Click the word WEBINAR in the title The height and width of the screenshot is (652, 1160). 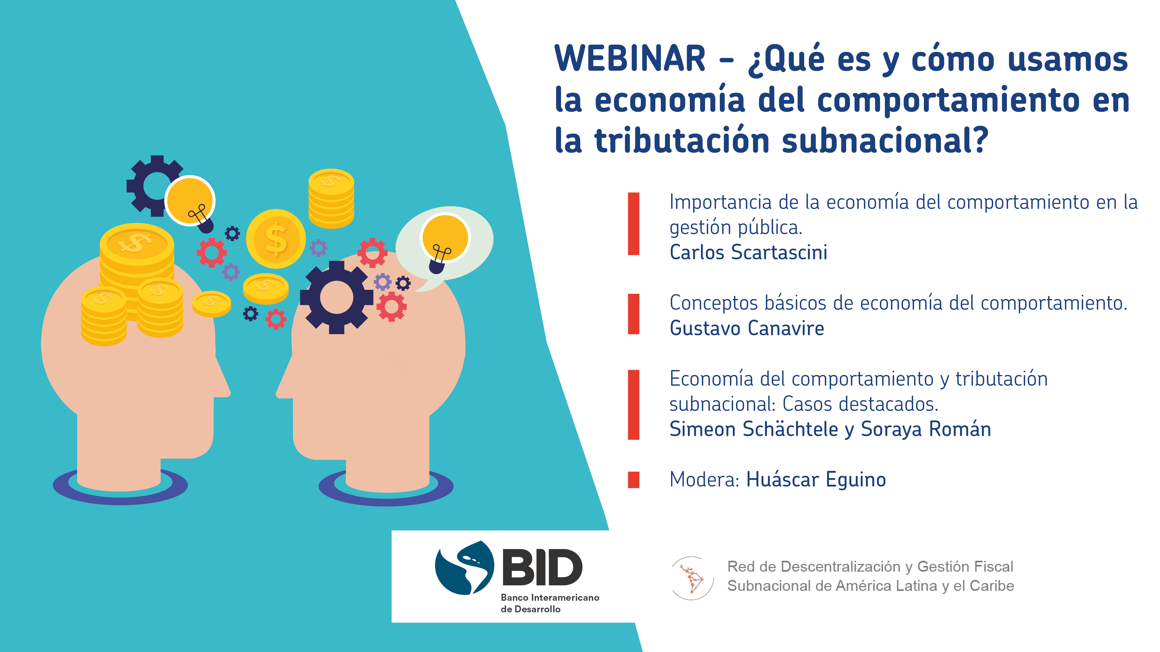click(x=630, y=59)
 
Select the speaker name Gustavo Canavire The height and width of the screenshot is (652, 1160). click(x=747, y=328)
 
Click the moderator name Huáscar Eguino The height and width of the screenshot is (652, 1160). click(x=816, y=479)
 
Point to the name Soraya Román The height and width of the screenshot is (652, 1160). click(x=926, y=429)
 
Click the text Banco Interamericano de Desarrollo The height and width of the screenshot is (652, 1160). click(x=550, y=603)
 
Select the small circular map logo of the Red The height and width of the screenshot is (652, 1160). click(x=692, y=578)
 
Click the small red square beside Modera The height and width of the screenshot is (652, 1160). click(x=634, y=480)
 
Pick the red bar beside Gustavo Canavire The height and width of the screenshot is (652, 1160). click(x=634, y=314)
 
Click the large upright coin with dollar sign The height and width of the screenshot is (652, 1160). click(x=275, y=239)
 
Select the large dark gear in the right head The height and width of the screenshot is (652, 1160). click(x=336, y=297)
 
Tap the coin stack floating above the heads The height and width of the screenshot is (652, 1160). click(x=331, y=198)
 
